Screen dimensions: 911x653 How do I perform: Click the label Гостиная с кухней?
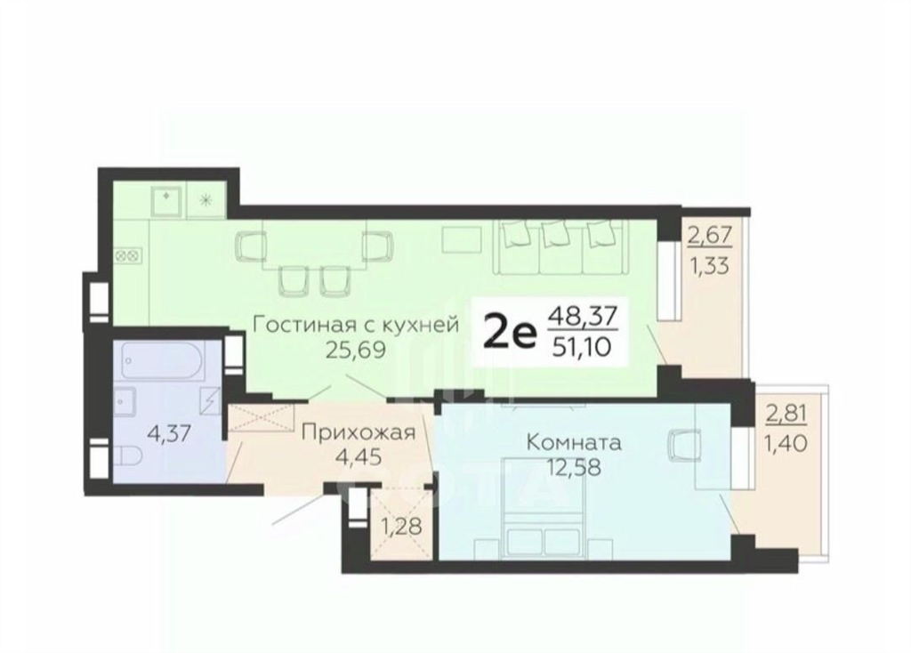point(356,324)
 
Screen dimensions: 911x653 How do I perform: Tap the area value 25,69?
point(355,350)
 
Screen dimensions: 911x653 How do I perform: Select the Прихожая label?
point(359,432)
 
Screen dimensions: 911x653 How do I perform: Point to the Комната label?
point(574,443)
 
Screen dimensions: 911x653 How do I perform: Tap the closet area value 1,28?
point(401,527)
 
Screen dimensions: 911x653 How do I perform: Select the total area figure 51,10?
point(583,347)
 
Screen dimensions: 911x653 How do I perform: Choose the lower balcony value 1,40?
point(786,444)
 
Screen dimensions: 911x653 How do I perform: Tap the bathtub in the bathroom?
point(163,359)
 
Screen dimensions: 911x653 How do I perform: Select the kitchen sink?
point(167,200)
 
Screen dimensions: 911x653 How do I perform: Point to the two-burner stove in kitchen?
point(126,254)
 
